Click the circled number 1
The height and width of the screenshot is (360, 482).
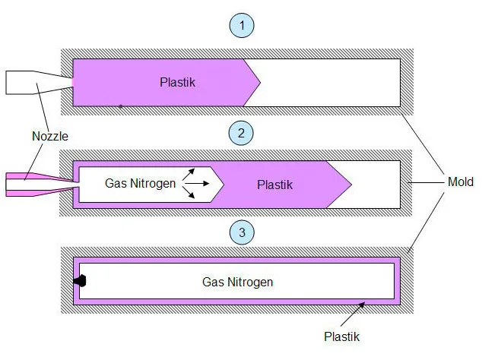pyautogui.click(x=241, y=25)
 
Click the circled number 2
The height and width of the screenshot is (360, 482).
pyautogui.click(x=241, y=134)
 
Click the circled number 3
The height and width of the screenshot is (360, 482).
pyautogui.click(x=241, y=232)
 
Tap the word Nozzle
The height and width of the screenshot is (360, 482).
pyautogui.click(x=49, y=137)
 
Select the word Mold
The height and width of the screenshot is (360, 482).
pyautogui.click(x=459, y=182)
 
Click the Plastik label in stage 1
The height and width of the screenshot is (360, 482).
pyautogui.click(x=178, y=82)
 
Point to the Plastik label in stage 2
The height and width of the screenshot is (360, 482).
pyautogui.click(x=274, y=185)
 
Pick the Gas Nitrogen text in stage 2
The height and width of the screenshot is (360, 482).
pyautogui.click(x=140, y=182)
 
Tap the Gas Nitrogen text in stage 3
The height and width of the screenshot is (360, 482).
pyautogui.click(x=237, y=282)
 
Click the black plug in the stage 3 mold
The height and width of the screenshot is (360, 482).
pyautogui.click(x=80, y=281)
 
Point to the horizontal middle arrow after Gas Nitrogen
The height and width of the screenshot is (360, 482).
pyautogui.click(x=195, y=183)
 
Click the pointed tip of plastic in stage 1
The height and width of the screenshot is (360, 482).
pyautogui.click(x=259, y=81)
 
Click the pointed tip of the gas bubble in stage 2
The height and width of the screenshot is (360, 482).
pyautogui.click(x=223, y=183)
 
